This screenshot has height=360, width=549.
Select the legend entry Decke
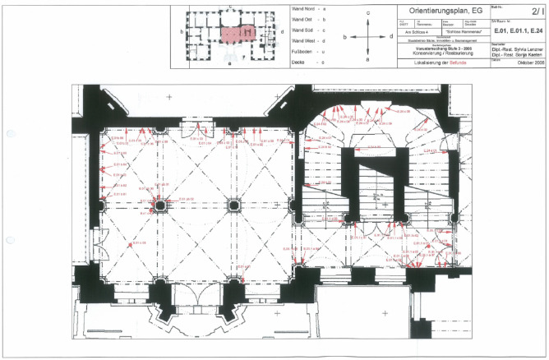coord(301,62)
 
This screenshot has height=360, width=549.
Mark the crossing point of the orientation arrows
coord(368,36)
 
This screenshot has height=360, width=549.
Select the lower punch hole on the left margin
coord(9,241)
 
